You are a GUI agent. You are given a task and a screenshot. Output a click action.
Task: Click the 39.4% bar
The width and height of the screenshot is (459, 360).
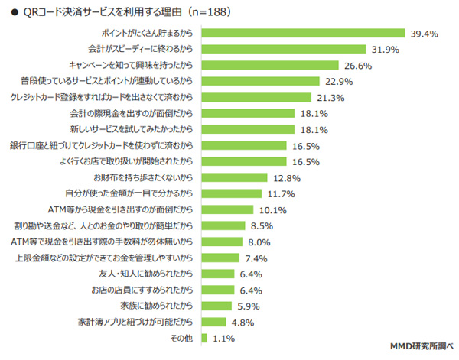pyautogui.click(x=303, y=33)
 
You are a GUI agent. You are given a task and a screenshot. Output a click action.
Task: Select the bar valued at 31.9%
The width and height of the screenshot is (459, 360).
pyautogui.click(x=284, y=49)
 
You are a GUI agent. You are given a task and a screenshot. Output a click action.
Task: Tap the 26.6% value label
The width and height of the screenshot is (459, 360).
pyautogui.click(x=358, y=66)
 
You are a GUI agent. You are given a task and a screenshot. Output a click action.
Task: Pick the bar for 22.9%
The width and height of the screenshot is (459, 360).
pyautogui.click(x=260, y=81)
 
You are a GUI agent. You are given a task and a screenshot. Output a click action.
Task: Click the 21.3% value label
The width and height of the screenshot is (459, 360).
pyautogui.click(x=330, y=98)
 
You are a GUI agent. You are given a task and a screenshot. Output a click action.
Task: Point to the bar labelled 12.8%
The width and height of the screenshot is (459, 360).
pyautogui.click(x=234, y=177)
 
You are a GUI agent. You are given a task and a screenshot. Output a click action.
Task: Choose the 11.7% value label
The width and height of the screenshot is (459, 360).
pyautogui.click(x=281, y=194)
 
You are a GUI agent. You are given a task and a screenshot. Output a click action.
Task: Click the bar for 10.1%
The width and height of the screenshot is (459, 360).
pyautogui.click(x=227, y=209)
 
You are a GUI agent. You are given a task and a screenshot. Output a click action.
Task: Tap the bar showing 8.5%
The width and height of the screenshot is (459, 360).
pyautogui.click(x=223, y=225)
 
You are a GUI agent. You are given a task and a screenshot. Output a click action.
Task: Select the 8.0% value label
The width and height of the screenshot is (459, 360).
pyautogui.click(x=259, y=242)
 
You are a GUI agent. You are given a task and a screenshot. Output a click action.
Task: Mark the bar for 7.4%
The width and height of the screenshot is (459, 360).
pyautogui.click(x=220, y=258)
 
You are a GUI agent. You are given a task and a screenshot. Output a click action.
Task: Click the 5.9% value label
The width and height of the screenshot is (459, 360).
pyautogui.click(x=248, y=306)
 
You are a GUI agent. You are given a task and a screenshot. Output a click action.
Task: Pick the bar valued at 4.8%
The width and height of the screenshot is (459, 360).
pyautogui.click(x=213, y=322)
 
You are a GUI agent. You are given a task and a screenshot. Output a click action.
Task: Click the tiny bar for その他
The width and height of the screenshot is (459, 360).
pyautogui.click(x=204, y=338)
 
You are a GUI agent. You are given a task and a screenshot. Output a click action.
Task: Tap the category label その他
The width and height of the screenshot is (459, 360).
pyautogui.click(x=181, y=339)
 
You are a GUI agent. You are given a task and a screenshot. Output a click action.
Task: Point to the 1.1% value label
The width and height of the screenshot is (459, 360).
pyautogui.click(x=223, y=339)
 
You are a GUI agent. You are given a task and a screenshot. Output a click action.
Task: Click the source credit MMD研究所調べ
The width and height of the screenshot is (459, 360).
pyautogui.click(x=422, y=346)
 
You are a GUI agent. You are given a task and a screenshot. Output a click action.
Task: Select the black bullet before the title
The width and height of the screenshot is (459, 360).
pyautogui.click(x=15, y=12)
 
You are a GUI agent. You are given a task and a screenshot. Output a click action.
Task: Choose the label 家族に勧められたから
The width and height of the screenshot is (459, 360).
pyautogui.click(x=156, y=306)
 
